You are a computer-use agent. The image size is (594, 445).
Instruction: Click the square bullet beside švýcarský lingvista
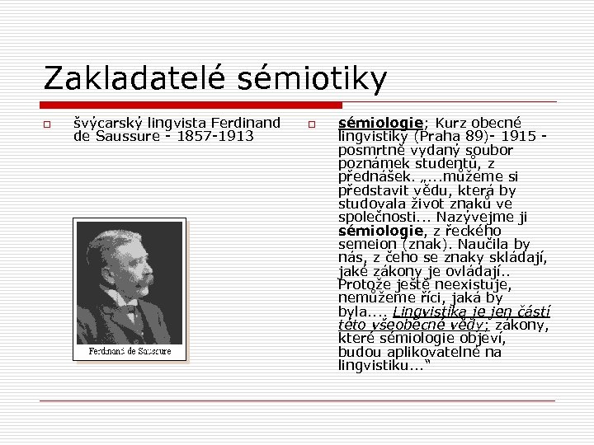pyautogui.click(x=48, y=125)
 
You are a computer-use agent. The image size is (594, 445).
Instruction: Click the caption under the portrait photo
pyautogui.click(x=130, y=352)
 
